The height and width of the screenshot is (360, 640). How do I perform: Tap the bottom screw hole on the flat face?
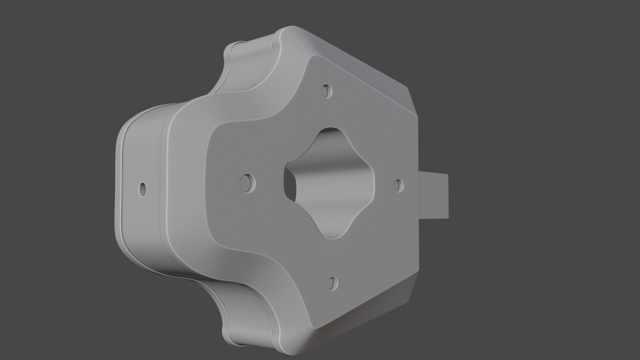point(332,283)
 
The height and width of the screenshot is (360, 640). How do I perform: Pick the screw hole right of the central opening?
point(399,185)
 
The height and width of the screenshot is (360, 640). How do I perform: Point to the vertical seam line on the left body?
point(163,187)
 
